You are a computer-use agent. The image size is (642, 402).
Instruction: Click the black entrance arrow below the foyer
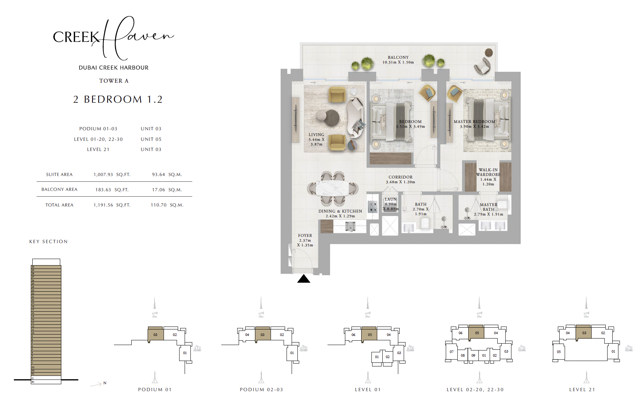point(304,279)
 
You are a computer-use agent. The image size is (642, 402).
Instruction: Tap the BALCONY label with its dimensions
point(398,60)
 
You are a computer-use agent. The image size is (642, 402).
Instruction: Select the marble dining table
point(332,188)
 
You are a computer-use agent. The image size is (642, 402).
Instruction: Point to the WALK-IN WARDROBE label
point(488,177)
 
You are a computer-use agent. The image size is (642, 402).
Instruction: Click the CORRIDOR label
point(400,180)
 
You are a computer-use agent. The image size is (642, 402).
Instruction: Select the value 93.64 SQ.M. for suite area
point(167,175)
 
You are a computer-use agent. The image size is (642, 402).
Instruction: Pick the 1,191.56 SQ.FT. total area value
point(112,205)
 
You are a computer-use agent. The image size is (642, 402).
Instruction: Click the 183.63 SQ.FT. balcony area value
point(112,190)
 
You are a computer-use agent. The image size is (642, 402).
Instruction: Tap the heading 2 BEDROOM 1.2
point(118,99)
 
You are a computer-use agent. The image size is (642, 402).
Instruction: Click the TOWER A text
point(114,81)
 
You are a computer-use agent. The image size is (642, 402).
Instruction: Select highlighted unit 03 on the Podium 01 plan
point(155,335)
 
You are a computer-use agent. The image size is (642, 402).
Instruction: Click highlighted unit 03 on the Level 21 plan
point(584,333)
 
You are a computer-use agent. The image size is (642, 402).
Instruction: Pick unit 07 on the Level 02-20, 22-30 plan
point(452,352)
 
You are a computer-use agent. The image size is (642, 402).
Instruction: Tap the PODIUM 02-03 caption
point(261,390)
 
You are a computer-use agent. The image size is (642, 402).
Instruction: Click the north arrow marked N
point(98,384)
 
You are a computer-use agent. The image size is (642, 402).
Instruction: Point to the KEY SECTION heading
point(48,242)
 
